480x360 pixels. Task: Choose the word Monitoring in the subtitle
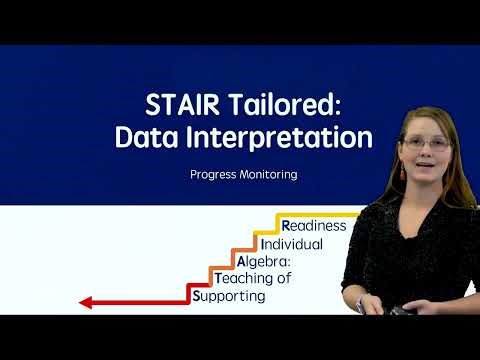tap(268, 174)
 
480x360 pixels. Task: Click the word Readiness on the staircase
tap(313, 225)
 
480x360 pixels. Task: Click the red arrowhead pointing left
tap(86, 302)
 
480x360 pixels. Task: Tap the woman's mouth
tap(427, 169)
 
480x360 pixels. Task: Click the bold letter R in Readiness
tap(286, 225)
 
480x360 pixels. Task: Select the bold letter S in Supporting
tap(196, 296)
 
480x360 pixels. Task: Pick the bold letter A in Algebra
tap(241, 261)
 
